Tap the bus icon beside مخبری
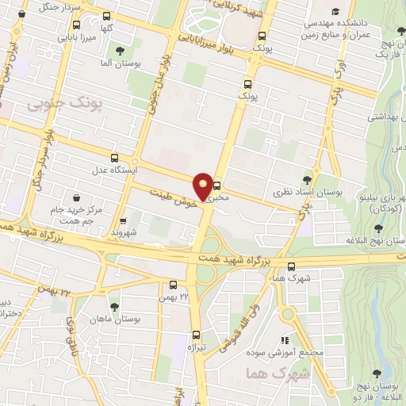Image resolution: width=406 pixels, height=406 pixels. click(217, 187)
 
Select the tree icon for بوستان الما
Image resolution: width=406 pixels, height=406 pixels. click(120, 51)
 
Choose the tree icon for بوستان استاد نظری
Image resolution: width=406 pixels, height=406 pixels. click(308, 180)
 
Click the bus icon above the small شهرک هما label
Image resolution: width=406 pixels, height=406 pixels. click(293, 266)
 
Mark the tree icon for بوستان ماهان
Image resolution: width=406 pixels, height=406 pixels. click(114, 305)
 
